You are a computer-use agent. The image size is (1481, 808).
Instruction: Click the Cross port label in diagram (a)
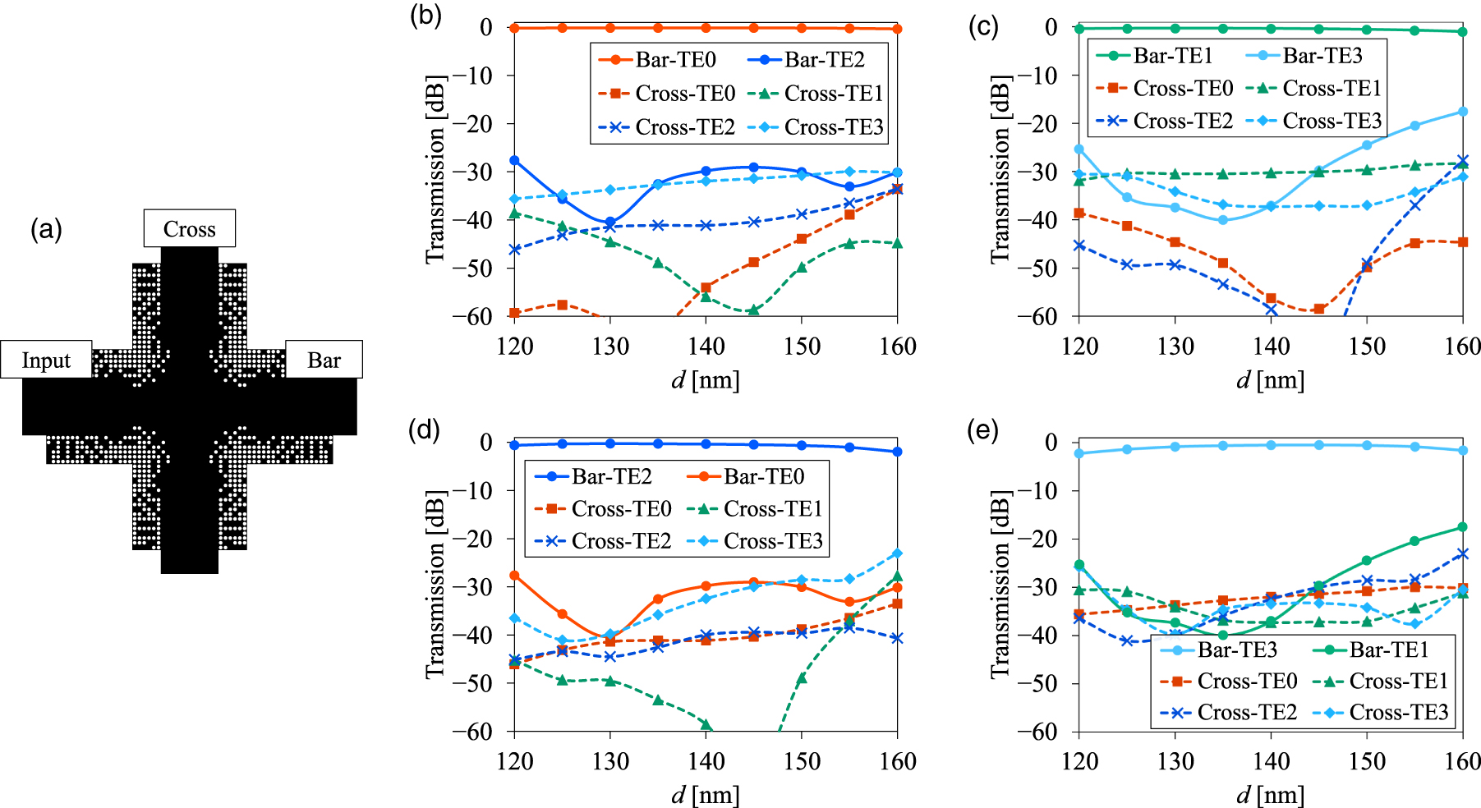point(189,228)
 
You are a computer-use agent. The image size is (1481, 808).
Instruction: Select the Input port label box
point(46,360)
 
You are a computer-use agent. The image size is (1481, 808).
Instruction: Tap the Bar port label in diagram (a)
point(324,360)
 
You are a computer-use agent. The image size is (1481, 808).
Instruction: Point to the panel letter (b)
point(425,16)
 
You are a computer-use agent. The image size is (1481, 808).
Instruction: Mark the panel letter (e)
point(982,430)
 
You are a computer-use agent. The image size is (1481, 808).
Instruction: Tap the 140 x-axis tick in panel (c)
point(1271,347)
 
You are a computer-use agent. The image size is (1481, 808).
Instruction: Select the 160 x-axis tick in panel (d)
point(897,761)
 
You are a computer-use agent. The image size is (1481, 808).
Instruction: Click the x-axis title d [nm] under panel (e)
point(1270,794)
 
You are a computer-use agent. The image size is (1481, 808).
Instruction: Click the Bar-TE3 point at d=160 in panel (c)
point(1462,112)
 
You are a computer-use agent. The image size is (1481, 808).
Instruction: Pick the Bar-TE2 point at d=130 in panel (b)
point(610,223)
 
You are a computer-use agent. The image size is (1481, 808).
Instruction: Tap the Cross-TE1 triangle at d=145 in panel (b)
point(753,310)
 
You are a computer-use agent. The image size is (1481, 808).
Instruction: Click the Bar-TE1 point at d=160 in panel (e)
point(1462,527)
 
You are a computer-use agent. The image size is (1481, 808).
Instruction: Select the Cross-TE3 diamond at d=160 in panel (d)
point(897,553)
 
